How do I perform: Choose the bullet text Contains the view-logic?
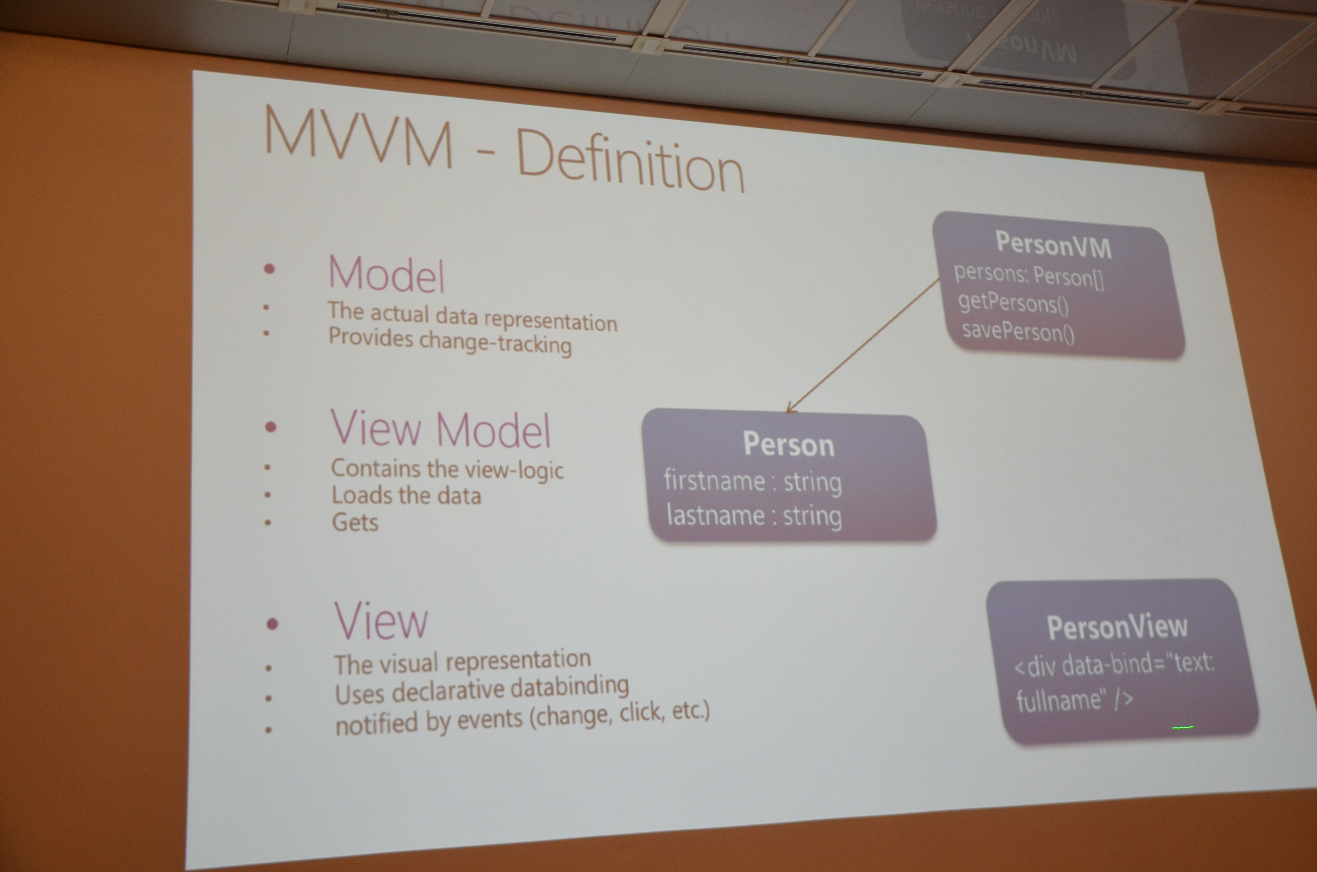447,469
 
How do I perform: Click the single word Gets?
355,522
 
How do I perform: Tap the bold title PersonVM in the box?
1053,245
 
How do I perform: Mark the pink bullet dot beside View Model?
271,427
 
